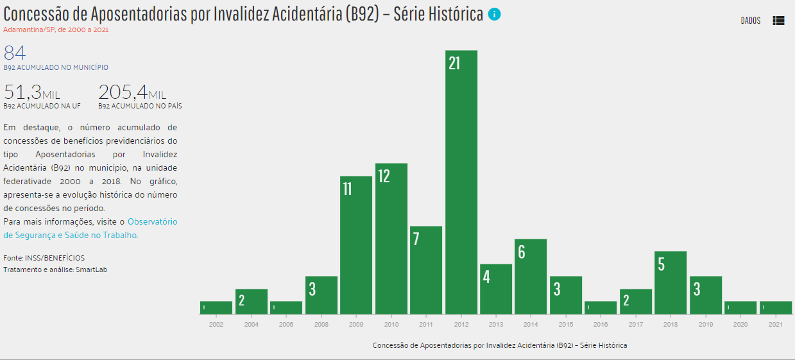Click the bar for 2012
pyautogui.click(x=461, y=182)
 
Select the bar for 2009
pyautogui.click(x=356, y=245)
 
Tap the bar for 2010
pyautogui.click(x=391, y=239)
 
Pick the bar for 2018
pyautogui.click(x=671, y=282)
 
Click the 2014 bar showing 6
pyautogui.click(x=531, y=277)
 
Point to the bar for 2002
pyautogui.click(x=216, y=307)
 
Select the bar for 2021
pyautogui.click(x=776, y=307)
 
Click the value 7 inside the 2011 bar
pyautogui.click(x=416, y=239)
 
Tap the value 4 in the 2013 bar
pyautogui.click(x=486, y=278)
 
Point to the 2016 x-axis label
pyautogui.click(x=601, y=325)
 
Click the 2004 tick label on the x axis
pyautogui.click(x=252, y=325)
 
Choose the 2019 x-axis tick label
pyautogui.click(x=705, y=325)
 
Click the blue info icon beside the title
pyautogui.click(x=494, y=14)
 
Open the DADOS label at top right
pyautogui.click(x=750, y=21)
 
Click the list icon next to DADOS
pyautogui.click(x=778, y=21)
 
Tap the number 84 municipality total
pyautogui.click(x=15, y=53)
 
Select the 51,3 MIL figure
pyautogui.click(x=32, y=92)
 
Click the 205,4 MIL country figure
pyautogui.click(x=132, y=92)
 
